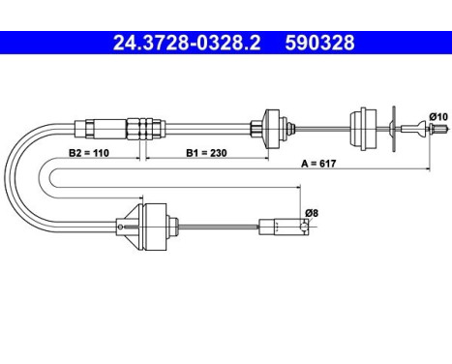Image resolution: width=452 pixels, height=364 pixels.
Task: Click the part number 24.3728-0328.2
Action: click(187, 43)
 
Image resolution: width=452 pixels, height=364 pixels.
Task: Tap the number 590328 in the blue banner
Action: click(319, 43)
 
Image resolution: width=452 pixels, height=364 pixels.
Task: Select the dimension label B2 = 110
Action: click(89, 153)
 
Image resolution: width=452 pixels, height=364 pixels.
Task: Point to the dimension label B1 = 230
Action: click(206, 153)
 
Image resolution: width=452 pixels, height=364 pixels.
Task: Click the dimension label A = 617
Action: click(318, 164)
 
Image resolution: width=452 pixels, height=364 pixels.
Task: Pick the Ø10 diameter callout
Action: click(438, 116)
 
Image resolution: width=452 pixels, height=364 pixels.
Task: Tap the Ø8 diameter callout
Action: click(312, 213)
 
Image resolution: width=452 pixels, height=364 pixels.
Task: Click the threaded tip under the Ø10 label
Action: click(439, 129)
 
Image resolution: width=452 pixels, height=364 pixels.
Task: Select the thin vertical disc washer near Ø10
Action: click(393, 129)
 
